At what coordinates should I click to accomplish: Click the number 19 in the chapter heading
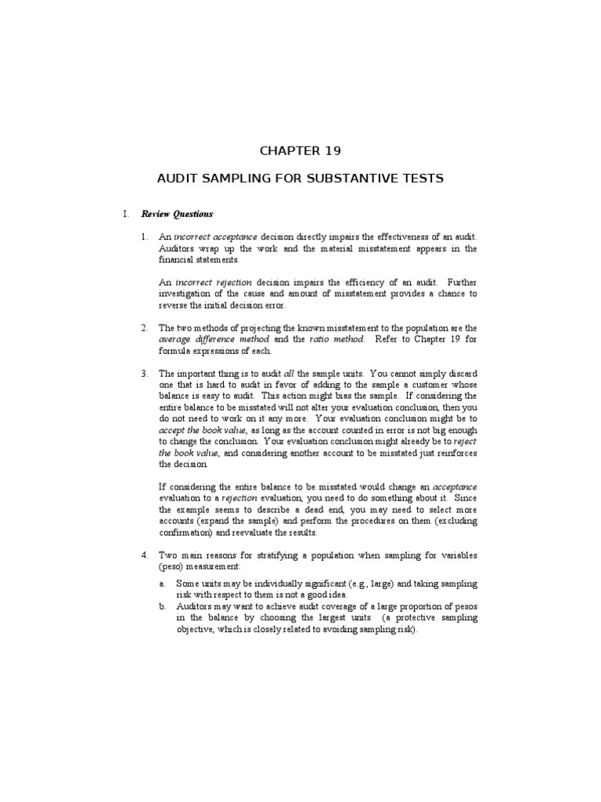tap(332, 150)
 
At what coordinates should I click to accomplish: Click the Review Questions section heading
tap(177, 214)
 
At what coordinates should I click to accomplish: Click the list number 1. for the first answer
tap(144, 237)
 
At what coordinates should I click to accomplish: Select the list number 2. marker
tap(144, 328)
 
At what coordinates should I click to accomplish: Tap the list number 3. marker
tap(144, 374)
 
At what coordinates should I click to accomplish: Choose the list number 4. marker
tap(144, 555)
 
